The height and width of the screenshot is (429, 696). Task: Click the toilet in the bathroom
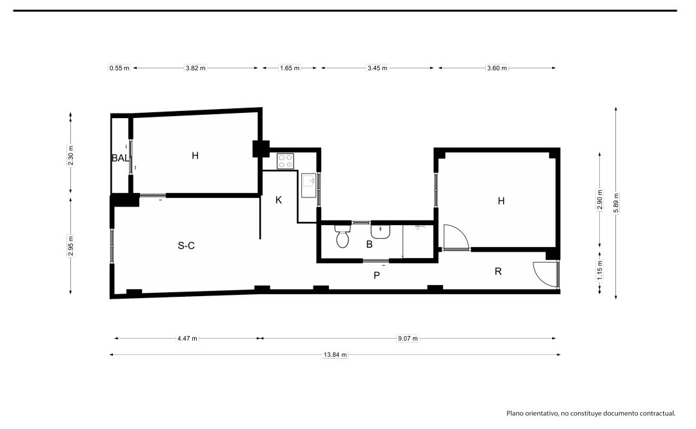pos(343,236)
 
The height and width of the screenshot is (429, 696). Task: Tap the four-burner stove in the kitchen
pos(285,161)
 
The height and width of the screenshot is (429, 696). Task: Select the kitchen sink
pos(309,185)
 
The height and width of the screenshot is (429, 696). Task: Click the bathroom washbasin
pos(381,232)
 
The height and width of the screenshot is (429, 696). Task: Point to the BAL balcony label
pos(120,157)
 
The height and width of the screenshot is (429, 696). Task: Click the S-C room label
pos(186,246)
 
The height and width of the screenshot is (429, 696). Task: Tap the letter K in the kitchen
pos(279,200)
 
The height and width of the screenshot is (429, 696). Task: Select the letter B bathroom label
pos(370,244)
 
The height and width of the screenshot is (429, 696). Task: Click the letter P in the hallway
pos(377,275)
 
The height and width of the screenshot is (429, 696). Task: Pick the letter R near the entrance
pos(498,272)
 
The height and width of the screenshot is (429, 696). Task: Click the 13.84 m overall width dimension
pos(335,355)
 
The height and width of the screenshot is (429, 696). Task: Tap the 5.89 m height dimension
pos(615,203)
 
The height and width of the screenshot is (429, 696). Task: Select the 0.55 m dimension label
pos(119,68)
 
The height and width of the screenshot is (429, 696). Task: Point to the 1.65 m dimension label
pos(290,68)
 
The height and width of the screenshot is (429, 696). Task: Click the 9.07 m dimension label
pos(408,339)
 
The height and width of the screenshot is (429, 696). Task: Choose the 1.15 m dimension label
pos(600,270)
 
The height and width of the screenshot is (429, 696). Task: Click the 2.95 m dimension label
pos(70,246)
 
